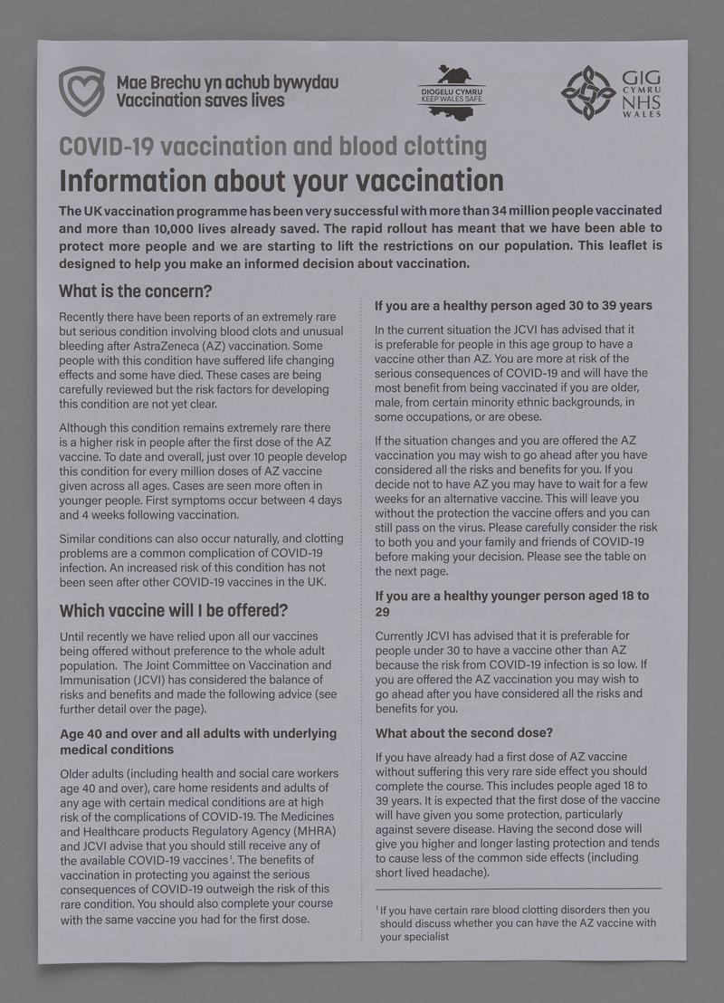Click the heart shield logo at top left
click(81, 91)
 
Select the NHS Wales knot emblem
click(588, 91)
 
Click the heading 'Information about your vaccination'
click(281, 180)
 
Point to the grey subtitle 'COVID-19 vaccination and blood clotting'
click(272, 146)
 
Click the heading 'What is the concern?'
click(135, 291)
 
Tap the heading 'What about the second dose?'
click(463, 731)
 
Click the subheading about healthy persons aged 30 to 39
click(513, 305)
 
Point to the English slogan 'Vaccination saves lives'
click(200, 100)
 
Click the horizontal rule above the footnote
click(518, 888)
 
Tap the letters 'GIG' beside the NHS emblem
click(642, 77)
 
